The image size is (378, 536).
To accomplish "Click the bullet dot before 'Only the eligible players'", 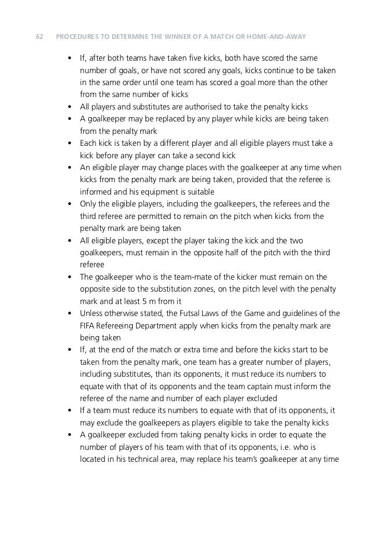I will point(70,204).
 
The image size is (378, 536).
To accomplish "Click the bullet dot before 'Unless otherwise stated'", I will point(70,314).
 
